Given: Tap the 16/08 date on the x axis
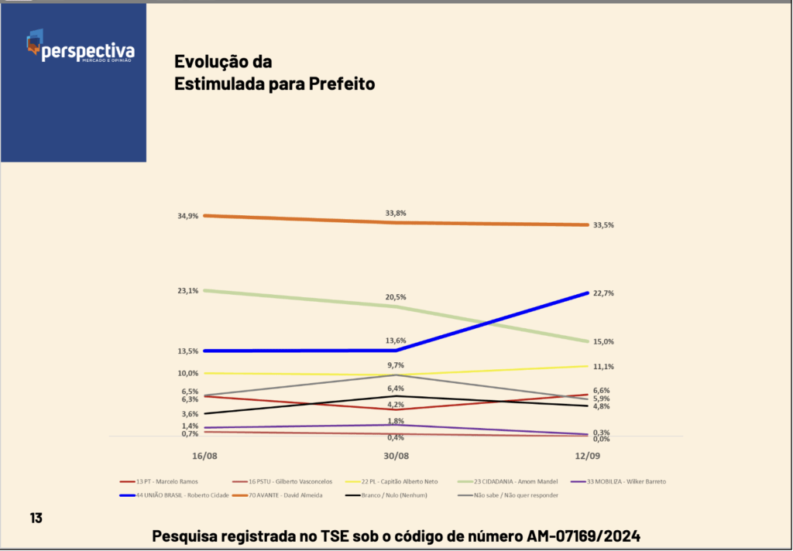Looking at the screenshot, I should pyautogui.click(x=193, y=456).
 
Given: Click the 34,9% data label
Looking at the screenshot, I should pyautogui.click(x=187, y=216).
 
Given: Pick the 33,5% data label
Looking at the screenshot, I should pyautogui.click(x=603, y=225).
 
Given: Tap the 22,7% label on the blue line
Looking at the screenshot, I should pyautogui.click(x=603, y=293).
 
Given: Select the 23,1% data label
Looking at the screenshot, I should pyautogui.click(x=187, y=291).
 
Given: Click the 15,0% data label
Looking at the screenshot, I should pyautogui.click(x=603, y=342).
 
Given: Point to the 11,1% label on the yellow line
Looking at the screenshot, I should pyautogui.click(x=603, y=367).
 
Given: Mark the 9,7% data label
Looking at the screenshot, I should pyautogui.click(x=396, y=365).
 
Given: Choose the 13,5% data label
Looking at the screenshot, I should pyautogui.click(x=187, y=351).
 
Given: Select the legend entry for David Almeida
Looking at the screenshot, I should pyautogui.click(x=287, y=495).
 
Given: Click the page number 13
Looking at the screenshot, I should pyautogui.click(x=36, y=518).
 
